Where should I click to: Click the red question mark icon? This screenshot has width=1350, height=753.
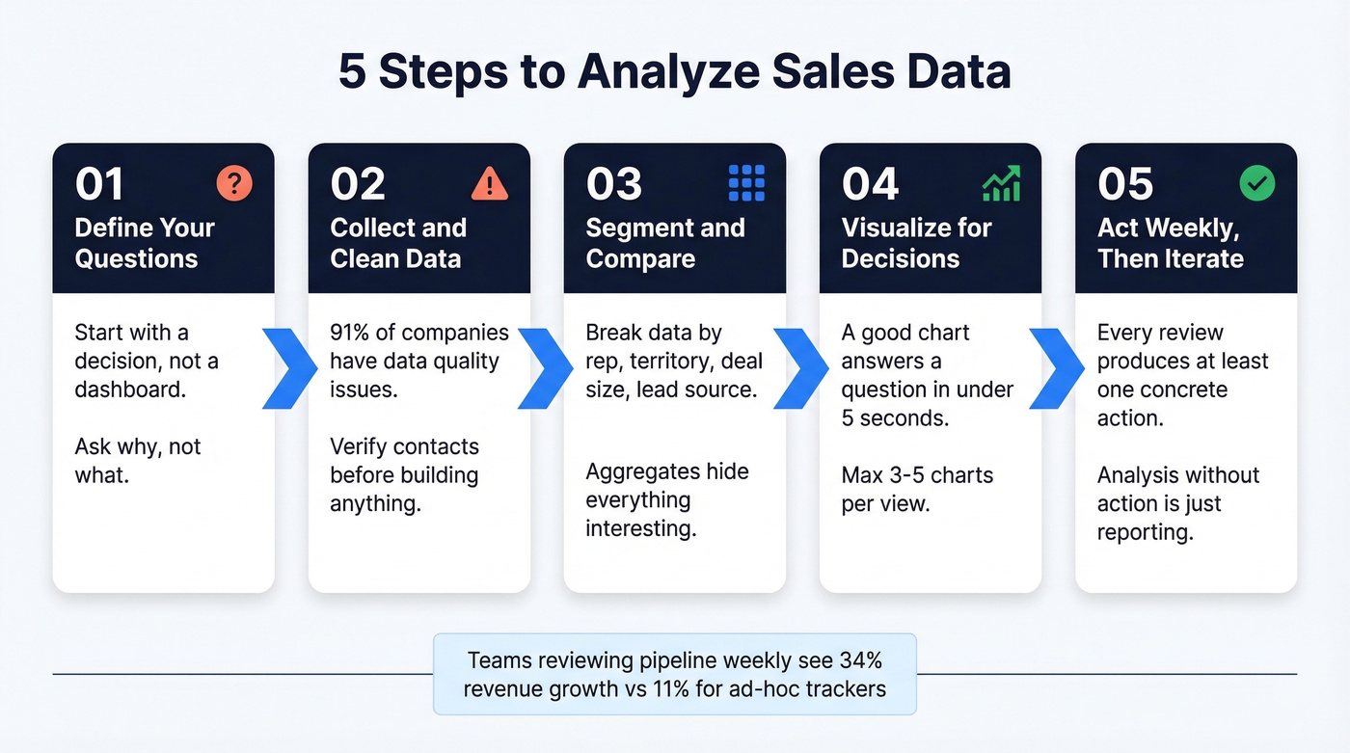point(234,183)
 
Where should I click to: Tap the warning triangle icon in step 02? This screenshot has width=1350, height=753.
point(490,183)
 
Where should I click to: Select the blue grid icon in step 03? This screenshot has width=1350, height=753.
point(746,183)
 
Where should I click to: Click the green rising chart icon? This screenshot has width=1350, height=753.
point(1001,183)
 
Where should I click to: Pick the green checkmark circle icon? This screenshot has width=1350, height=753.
point(1257,183)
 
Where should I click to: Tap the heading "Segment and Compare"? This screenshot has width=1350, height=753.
point(665,243)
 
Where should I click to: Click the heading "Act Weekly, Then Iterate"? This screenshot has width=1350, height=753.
point(1171,243)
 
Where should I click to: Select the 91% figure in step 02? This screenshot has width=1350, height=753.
point(351,333)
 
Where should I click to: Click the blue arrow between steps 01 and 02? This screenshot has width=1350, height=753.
point(290,367)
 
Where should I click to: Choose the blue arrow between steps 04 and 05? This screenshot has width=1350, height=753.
point(1058,367)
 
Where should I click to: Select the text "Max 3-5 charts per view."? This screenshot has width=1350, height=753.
point(917,489)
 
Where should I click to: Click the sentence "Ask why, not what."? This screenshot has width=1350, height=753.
point(138,461)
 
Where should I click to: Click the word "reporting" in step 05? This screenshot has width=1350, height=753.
point(1146,532)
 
